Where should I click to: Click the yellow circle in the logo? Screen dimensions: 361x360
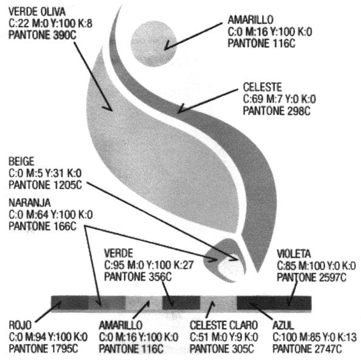pyautogui.click(x=154, y=44)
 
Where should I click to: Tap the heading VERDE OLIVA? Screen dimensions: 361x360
pyautogui.click(x=37, y=12)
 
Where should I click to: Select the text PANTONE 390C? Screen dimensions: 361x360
pyautogui.click(x=42, y=35)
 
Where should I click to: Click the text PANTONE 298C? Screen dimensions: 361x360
pyautogui.click(x=277, y=110)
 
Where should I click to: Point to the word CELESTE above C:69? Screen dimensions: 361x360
pyautogui.click(x=262, y=87)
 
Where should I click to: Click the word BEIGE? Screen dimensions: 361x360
pyautogui.click(x=21, y=161)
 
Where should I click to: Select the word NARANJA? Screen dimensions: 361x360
pyautogui.click(x=30, y=203)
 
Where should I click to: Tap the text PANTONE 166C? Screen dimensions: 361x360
pyautogui.click(x=42, y=226)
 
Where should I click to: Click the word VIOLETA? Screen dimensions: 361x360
pyautogui.click(x=294, y=254)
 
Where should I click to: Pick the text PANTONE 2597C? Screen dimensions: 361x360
pyautogui.click(x=311, y=277)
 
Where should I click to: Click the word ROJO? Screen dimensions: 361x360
pyautogui.click(x=20, y=325)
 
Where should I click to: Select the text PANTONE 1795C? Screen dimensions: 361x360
pyautogui.click(x=43, y=348)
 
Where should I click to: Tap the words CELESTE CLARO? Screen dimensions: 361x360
pyautogui.click(x=223, y=325)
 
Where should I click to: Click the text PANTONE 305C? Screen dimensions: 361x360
pyautogui.click(x=222, y=348)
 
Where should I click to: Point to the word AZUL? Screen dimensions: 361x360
pyautogui.click(x=283, y=325)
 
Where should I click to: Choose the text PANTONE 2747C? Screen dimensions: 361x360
pyautogui.click(x=307, y=348)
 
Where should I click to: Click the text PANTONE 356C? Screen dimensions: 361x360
pyautogui.click(x=138, y=277)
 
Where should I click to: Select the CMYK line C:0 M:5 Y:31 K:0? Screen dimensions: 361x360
pyautogui.click(x=45, y=173)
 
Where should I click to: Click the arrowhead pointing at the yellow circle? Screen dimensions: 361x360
pyautogui.click(x=167, y=46)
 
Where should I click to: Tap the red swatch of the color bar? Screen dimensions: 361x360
pyautogui.click(x=70, y=303)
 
